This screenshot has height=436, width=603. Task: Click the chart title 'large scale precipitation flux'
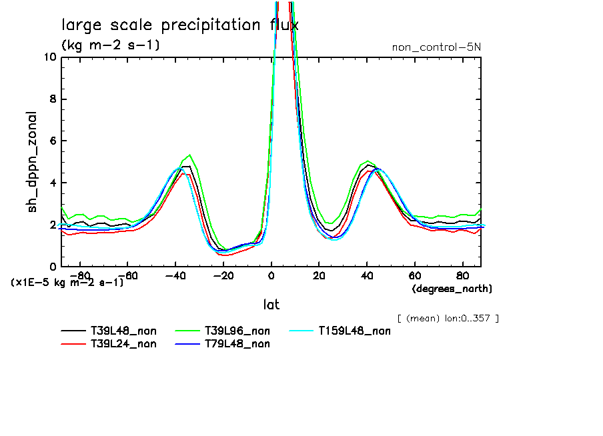click(179, 26)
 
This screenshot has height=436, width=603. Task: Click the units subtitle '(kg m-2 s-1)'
click(110, 45)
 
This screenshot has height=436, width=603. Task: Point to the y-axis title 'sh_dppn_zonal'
click(32, 162)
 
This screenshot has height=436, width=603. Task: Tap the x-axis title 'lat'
click(271, 305)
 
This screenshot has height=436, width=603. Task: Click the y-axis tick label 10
click(49, 57)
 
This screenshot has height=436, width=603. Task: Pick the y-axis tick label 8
click(53, 99)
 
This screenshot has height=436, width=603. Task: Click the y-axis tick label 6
click(53, 141)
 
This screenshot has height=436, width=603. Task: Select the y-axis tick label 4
click(53, 183)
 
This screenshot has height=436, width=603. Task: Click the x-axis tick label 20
click(319, 275)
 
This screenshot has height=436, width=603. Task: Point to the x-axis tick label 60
click(414, 275)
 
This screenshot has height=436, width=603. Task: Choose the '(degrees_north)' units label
click(452, 289)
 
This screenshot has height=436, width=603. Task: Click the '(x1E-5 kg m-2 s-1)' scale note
click(67, 282)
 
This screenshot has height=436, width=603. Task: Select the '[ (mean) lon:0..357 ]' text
click(448, 318)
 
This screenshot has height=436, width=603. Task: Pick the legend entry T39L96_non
click(237, 331)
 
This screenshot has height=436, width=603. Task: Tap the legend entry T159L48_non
click(354, 331)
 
